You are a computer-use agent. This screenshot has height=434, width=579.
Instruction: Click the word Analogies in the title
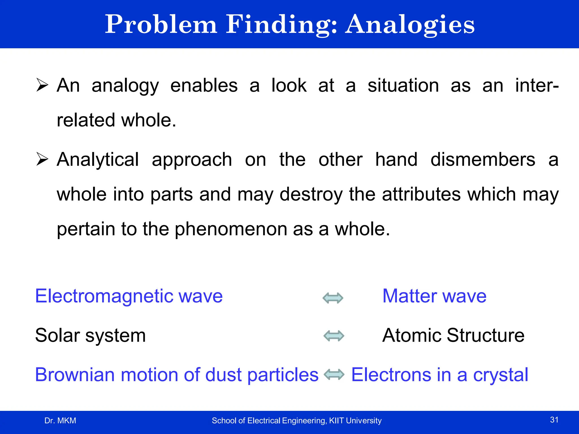(410, 25)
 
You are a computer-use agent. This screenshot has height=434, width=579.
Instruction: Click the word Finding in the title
(281, 25)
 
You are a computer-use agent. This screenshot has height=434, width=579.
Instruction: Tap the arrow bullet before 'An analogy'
(42, 85)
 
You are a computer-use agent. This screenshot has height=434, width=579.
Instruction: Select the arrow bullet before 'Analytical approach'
(42, 159)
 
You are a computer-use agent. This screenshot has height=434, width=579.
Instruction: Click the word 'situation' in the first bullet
(403, 85)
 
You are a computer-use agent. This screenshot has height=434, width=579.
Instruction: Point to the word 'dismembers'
(483, 160)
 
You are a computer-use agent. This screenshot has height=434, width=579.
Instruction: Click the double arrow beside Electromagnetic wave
(333, 298)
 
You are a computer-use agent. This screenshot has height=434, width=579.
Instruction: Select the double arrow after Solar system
(334, 336)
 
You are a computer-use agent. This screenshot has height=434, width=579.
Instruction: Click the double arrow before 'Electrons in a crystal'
(334, 375)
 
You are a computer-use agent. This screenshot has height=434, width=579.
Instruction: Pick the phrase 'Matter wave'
(434, 296)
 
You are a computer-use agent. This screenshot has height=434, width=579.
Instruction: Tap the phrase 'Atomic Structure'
(453, 335)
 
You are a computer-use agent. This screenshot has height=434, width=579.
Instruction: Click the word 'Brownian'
(75, 375)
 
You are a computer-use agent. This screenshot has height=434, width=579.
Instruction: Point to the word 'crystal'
(500, 375)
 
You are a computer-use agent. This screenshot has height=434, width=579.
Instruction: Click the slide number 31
(554, 420)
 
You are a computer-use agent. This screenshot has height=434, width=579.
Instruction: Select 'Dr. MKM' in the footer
(60, 420)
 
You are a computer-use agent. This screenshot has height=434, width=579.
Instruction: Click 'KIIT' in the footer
(336, 420)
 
